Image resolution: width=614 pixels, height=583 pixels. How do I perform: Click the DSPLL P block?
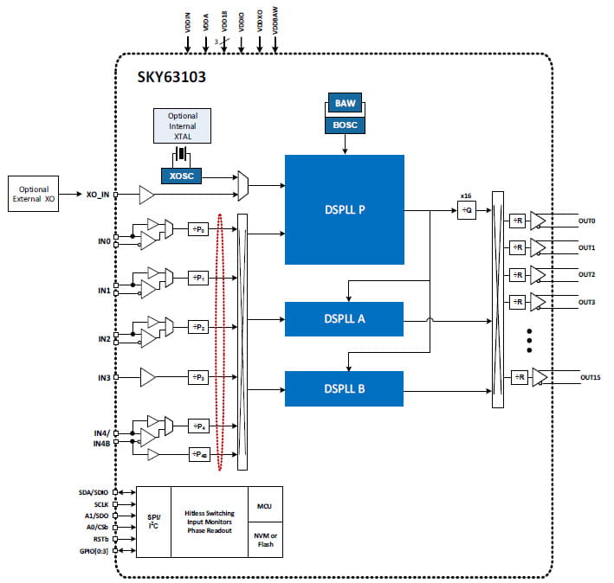(x=344, y=209)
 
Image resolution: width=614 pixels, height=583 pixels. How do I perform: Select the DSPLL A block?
(x=344, y=318)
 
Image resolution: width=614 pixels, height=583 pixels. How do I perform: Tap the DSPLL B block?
(x=344, y=388)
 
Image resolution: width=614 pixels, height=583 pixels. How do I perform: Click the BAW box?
(x=346, y=104)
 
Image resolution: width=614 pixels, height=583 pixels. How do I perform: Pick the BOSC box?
(x=346, y=125)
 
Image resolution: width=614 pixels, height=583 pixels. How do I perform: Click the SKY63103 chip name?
(x=171, y=76)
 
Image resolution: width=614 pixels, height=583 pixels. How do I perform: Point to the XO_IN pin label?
(x=98, y=195)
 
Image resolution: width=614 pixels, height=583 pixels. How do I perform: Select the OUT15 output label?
(x=591, y=377)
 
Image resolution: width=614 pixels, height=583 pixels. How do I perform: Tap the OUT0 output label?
(x=588, y=221)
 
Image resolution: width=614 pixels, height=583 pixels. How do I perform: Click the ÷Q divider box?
(x=467, y=210)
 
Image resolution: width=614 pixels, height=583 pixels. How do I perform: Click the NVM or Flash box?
(x=265, y=541)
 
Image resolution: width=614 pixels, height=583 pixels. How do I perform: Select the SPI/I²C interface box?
(x=154, y=522)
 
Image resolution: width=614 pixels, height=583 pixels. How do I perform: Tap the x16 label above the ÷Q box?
(x=465, y=195)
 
